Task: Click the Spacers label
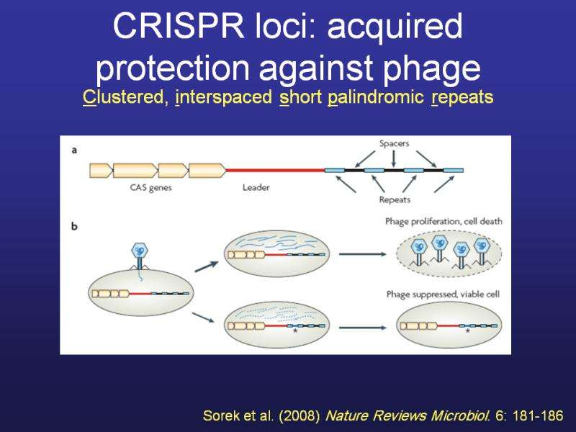[394, 143]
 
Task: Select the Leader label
[256, 188]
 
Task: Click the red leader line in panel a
[274, 170]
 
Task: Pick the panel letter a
[75, 150]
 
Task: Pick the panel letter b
[75, 226]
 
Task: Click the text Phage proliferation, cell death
[444, 221]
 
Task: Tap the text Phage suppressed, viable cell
[443, 294]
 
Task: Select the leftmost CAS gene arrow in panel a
[101, 171]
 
